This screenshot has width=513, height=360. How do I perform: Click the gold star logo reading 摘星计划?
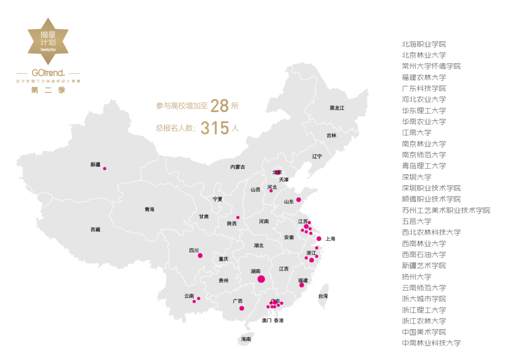pyautogui.click(x=48, y=41)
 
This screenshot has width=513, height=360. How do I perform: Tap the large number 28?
pyautogui.click(x=219, y=106)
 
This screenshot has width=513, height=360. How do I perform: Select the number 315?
pyautogui.click(x=215, y=128)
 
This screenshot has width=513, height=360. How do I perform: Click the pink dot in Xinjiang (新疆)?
pyautogui.click(x=104, y=169)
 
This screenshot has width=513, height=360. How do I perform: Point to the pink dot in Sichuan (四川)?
pyautogui.click(x=200, y=256)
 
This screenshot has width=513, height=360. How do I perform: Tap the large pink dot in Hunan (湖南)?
pyautogui.click(x=261, y=279)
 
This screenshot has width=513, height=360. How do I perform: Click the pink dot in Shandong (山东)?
pyautogui.click(x=298, y=199)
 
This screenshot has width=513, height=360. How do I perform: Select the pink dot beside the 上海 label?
pyautogui.click(x=319, y=238)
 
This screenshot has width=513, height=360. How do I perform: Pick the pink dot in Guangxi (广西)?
pyautogui.click(x=242, y=308)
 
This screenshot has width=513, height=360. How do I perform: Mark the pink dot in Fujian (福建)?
pyautogui.click(x=302, y=285)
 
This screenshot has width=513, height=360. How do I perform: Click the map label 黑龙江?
pyautogui.click(x=337, y=108)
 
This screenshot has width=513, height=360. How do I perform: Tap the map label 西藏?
pyautogui.click(x=95, y=230)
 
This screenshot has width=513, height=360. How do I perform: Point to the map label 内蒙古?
pyautogui.click(x=237, y=167)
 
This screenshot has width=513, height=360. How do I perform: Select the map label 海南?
pyautogui.click(x=246, y=340)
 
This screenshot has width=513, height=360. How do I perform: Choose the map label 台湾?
pyautogui.click(x=323, y=296)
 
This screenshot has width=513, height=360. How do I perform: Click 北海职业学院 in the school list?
pyautogui.click(x=424, y=44)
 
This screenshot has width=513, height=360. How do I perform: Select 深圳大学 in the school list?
pyautogui.click(x=417, y=177)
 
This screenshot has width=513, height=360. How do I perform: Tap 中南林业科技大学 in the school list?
pyautogui.click(x=431, y=343)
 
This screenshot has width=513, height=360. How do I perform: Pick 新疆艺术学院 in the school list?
pyautogui.click(x=424, y=265)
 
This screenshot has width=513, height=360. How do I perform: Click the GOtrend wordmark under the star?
pyautogui.click(x=48, y=74)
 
